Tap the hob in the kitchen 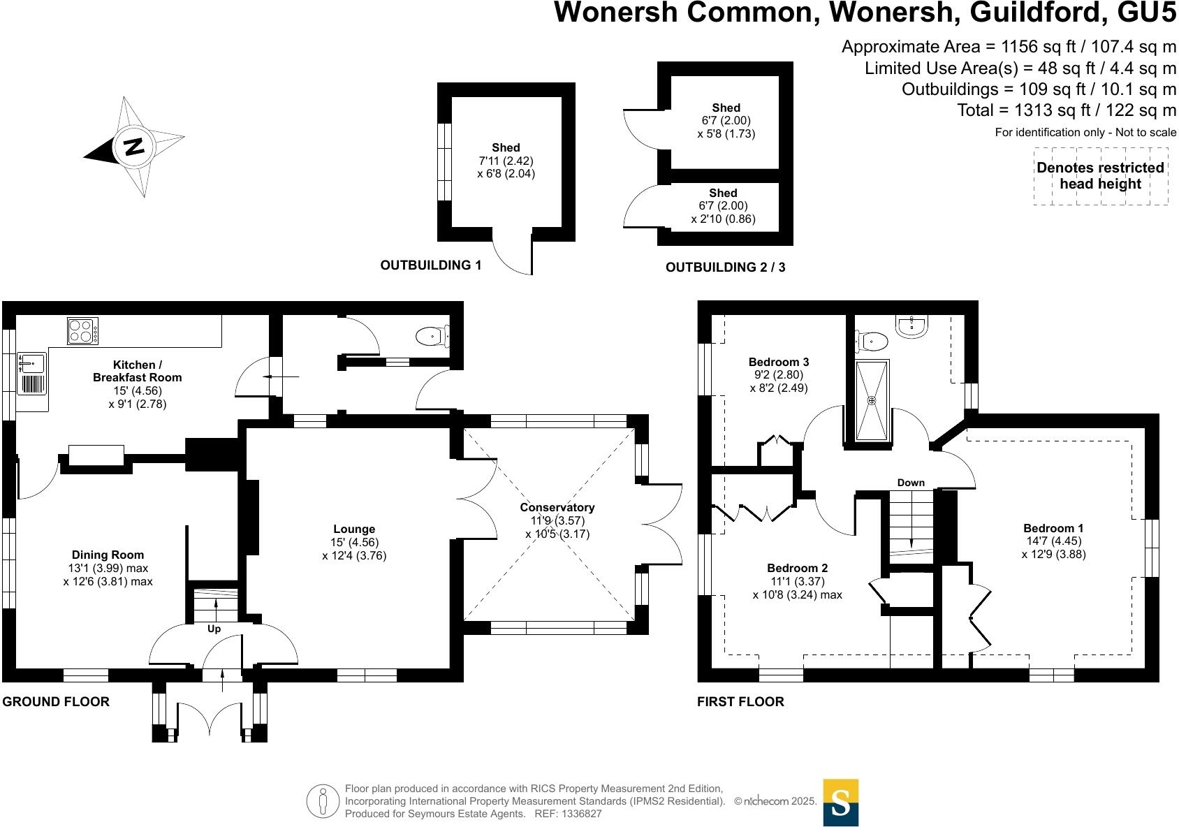click(82, 330)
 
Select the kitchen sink click(31, 364)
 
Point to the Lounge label click(354, 529)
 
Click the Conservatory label click(557, 508)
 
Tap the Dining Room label click(108, 555)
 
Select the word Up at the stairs click(214, 629)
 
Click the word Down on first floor click(911, 483)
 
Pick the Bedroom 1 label click(1053, 528)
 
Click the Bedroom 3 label click(779, 362)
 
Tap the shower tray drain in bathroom click(872, 400)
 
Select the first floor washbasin click(911, 325)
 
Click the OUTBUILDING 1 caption click(431, 265)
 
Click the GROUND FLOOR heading click(56, 701)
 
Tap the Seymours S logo click(841, 802)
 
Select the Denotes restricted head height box click(1100, 176)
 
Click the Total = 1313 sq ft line click(1067, 110)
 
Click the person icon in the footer click(323, 801)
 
